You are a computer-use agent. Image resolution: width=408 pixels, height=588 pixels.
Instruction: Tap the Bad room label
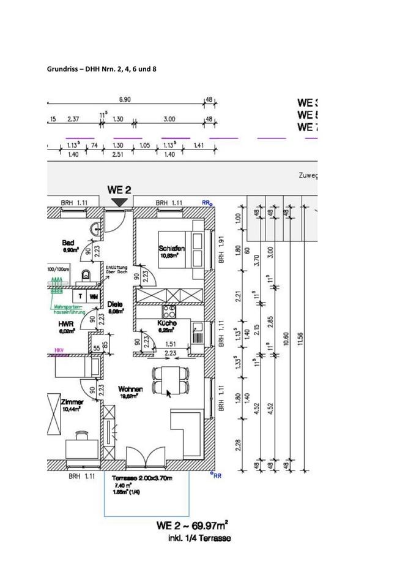coord(68,243)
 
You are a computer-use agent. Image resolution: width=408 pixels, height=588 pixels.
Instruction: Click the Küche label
coord(167,323)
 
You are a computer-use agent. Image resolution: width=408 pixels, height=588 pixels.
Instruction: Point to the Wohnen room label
coord(130,389)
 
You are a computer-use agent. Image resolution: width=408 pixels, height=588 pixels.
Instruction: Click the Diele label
coord(115,303)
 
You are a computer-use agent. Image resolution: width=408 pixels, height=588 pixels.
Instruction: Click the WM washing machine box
coord(94,296)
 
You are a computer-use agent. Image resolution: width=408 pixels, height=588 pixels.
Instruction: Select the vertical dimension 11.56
coord(299,336)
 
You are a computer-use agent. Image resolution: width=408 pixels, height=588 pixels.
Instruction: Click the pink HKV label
coord(59,351)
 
